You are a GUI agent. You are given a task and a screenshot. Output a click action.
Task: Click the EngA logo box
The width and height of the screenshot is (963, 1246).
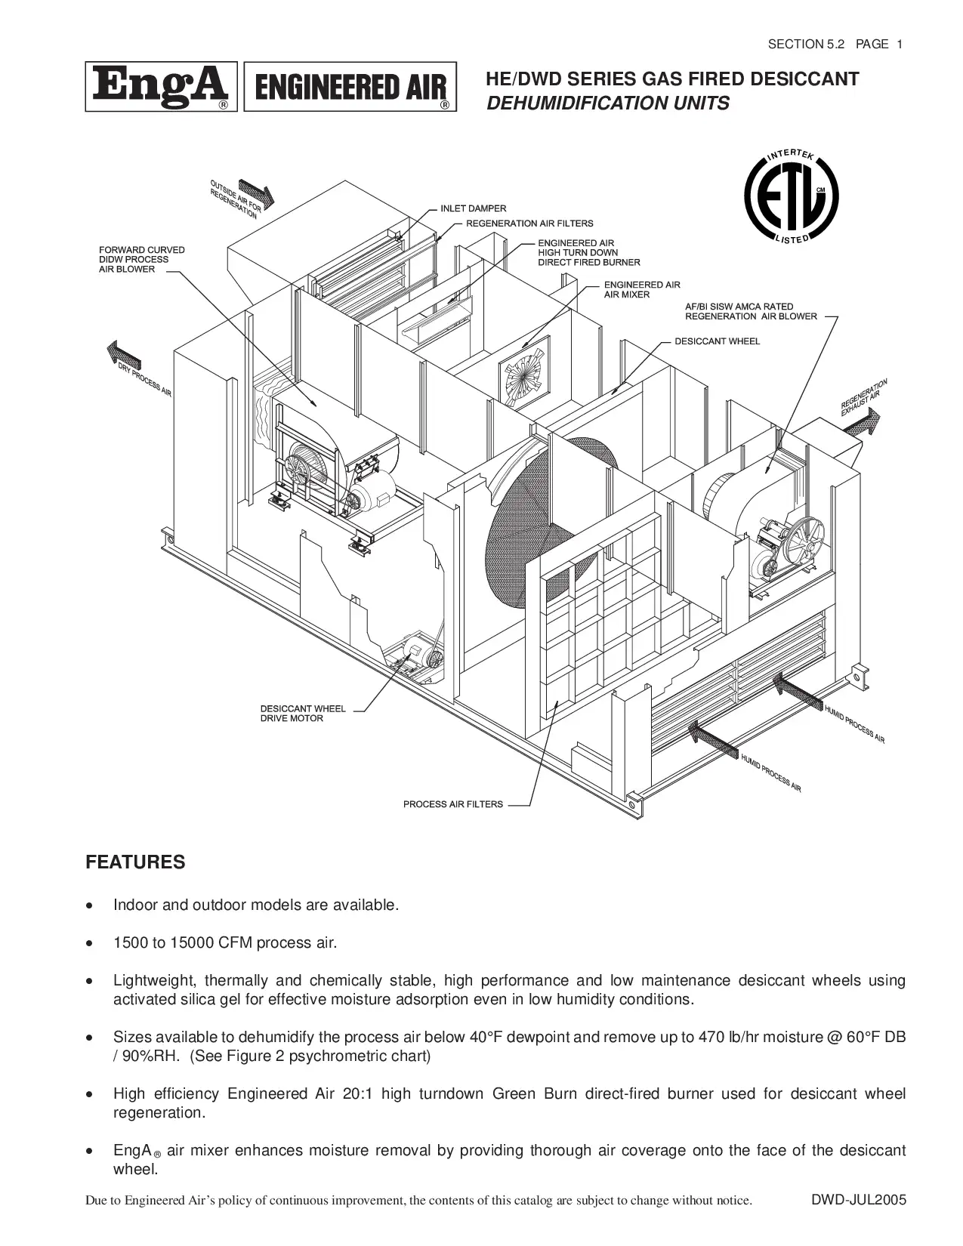coord(161,87)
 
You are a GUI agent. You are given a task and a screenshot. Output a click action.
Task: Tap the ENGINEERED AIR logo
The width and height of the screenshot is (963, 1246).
coord(350,87)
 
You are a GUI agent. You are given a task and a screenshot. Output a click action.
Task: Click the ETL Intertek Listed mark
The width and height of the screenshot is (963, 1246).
coord(791,198)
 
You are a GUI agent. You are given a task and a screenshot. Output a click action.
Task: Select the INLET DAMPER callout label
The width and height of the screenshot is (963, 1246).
coord(473,208)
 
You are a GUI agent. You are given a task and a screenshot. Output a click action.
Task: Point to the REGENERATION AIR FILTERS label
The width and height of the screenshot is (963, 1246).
coord(529,224)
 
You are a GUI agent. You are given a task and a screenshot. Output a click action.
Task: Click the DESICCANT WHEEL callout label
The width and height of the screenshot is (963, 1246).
coord(717,341)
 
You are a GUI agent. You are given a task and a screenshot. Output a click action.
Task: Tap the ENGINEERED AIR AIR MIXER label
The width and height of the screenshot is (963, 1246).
coord(641,290)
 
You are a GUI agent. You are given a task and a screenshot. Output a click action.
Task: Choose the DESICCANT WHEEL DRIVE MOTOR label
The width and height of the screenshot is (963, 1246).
coord(302,714)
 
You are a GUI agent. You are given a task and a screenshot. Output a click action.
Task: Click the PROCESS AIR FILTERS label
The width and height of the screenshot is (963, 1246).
coord(452,804)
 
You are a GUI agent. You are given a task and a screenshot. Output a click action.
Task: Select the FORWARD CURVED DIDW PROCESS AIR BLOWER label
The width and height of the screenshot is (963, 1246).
coord(141,260)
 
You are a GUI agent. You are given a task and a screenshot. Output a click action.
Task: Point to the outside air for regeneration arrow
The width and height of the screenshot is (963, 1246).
coord(256,193)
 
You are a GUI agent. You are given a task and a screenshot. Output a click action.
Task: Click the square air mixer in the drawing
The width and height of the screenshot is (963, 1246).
coord(524,375)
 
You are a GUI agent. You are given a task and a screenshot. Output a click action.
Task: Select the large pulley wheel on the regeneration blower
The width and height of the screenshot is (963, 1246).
coord(799,541)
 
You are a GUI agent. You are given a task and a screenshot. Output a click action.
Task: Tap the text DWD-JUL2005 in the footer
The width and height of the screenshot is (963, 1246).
coord(859,1200)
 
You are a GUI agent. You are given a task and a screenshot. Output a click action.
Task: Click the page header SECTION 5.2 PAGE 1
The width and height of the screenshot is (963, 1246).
coord(835,44)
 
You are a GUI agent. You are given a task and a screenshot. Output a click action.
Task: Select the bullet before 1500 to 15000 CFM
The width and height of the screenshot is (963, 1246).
coord(91,943)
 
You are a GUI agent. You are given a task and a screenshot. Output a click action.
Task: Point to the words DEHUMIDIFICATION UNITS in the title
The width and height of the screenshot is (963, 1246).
coord(608,103)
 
